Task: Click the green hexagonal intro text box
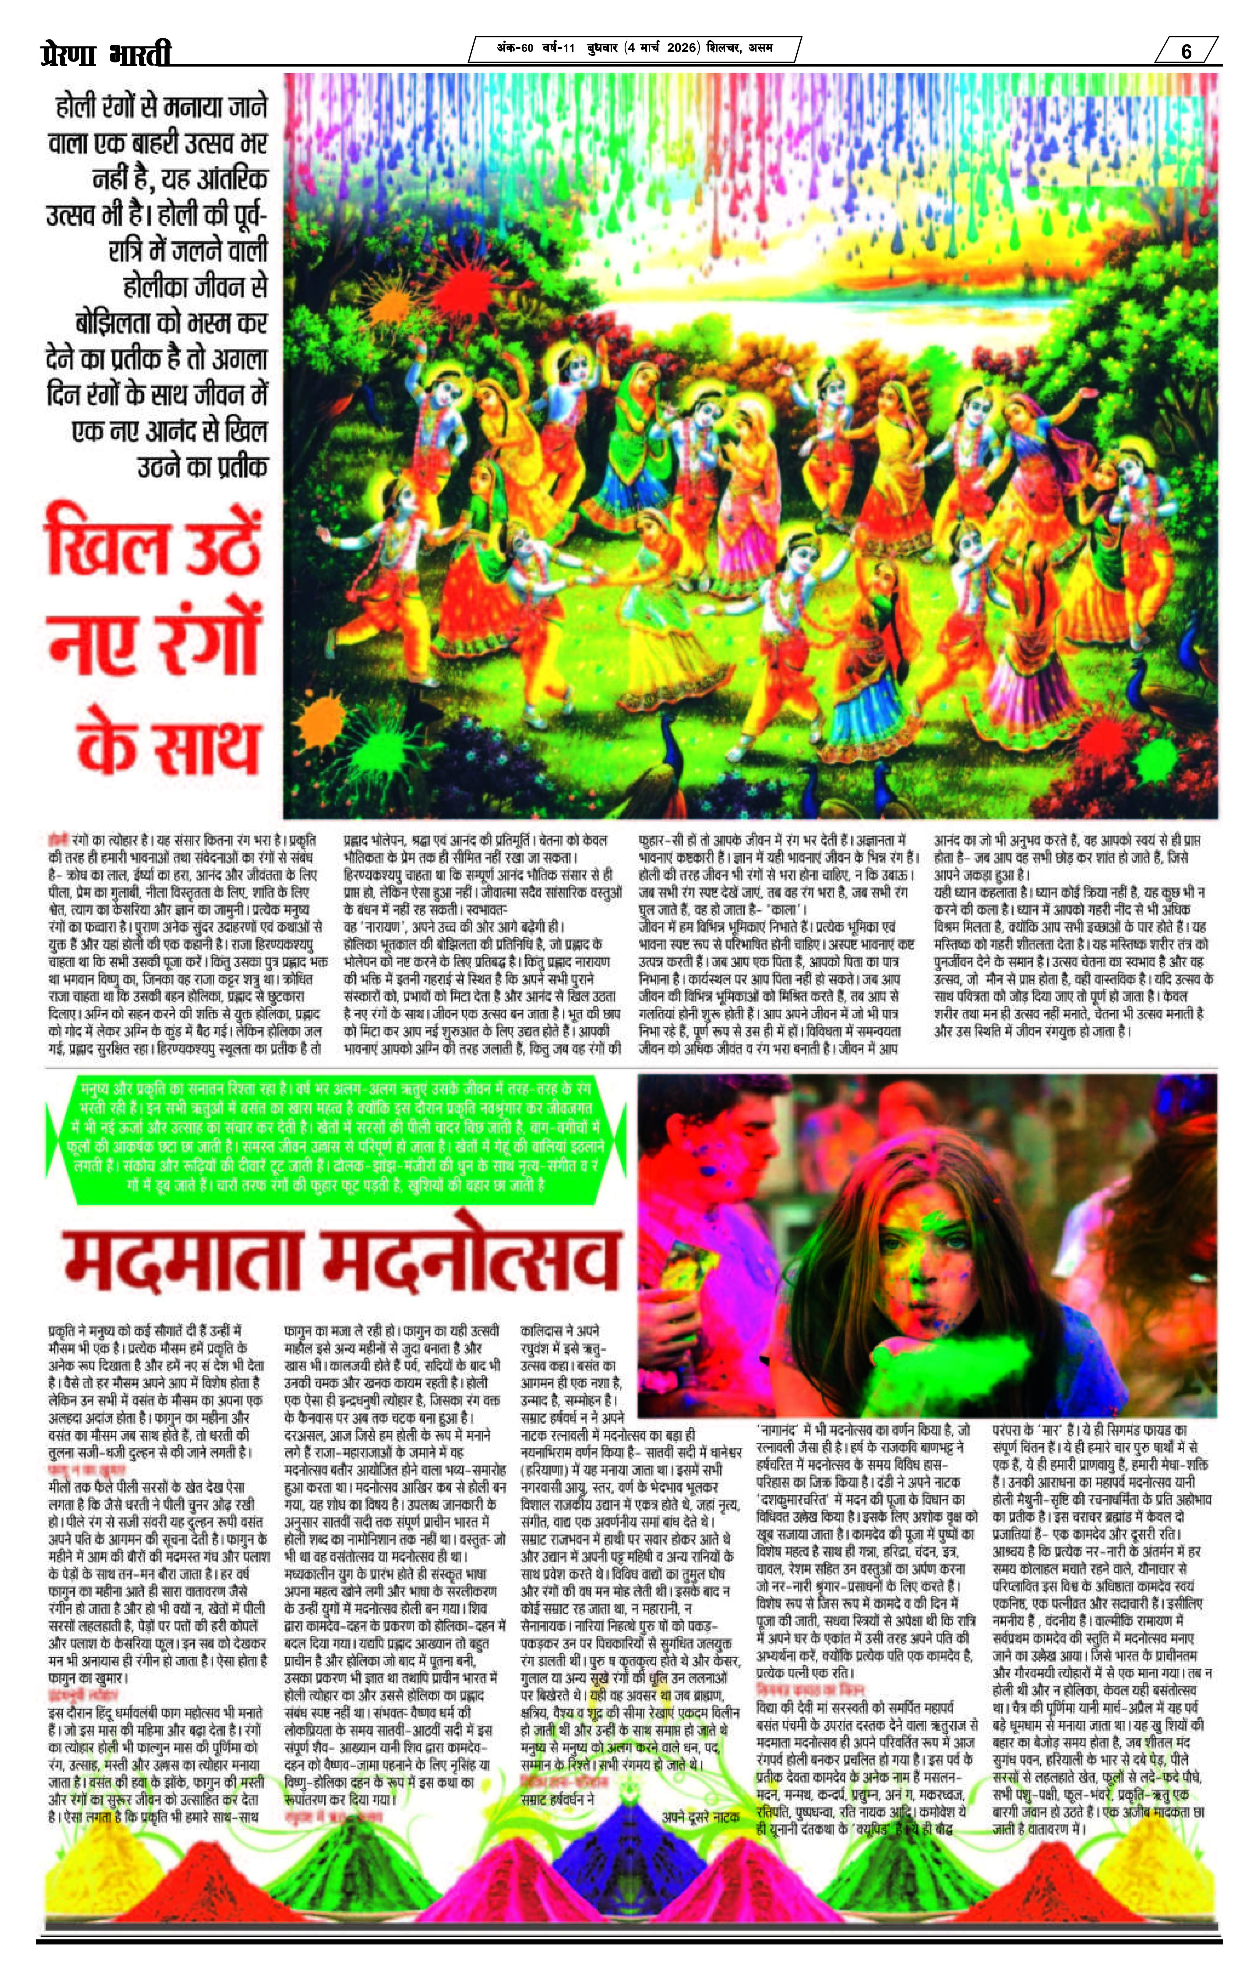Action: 337,1138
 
